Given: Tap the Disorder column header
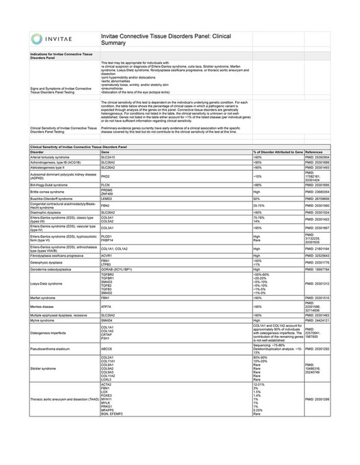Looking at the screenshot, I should click(37, 152).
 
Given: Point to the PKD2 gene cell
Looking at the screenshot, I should click(106, 176).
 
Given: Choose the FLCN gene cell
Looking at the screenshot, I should click(106, 185).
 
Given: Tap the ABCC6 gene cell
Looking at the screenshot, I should click(107, 348).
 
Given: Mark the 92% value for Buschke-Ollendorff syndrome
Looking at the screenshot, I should click(258, 199).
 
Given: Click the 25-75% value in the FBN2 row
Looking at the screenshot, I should click(260, 205).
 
